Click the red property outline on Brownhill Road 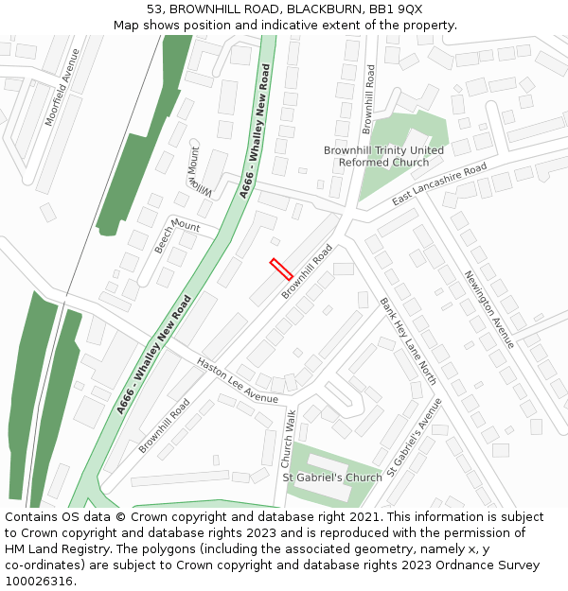coord(280,269)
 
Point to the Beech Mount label coord(177,234)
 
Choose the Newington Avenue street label coord(488,309)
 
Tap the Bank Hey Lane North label coord(408,340)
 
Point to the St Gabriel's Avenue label coord(415,436)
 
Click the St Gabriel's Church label coord(332,478)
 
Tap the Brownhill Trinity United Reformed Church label coord(383,156)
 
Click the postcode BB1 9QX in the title coord(397,9)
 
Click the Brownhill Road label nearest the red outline coord(308,271)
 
